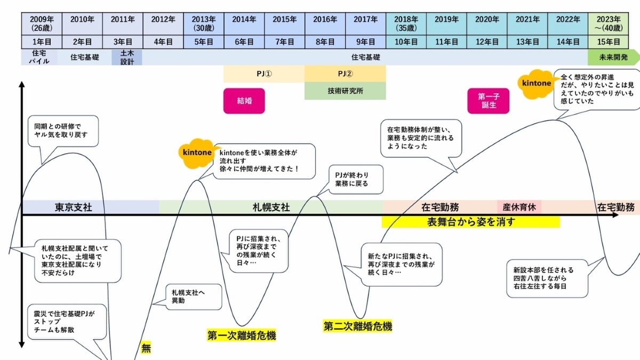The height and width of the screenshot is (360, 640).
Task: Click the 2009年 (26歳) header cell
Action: coord(42,22)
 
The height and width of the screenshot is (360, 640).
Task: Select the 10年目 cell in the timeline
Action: coord(406,41)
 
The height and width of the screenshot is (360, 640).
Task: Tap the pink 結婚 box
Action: coord(244,101)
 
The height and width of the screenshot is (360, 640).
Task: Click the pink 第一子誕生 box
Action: coord(489,101)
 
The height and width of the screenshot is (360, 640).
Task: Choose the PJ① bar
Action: coord(264,74)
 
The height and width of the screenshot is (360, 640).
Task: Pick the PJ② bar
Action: coord(345,74)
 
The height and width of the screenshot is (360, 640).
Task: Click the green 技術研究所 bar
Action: coord(345,91)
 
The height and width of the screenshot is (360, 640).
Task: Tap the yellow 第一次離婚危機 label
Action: coord(242,335)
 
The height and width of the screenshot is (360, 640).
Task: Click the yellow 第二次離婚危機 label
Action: coord(357,326)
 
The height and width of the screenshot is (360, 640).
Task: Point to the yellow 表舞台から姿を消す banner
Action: coord(470,222)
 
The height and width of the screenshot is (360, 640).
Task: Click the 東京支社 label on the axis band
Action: coord(74,207)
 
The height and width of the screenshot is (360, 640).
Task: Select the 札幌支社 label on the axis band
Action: coord(271,207)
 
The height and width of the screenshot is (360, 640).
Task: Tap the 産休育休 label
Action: coord(519,207)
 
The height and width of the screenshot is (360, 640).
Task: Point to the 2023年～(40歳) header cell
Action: coord(609,22)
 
